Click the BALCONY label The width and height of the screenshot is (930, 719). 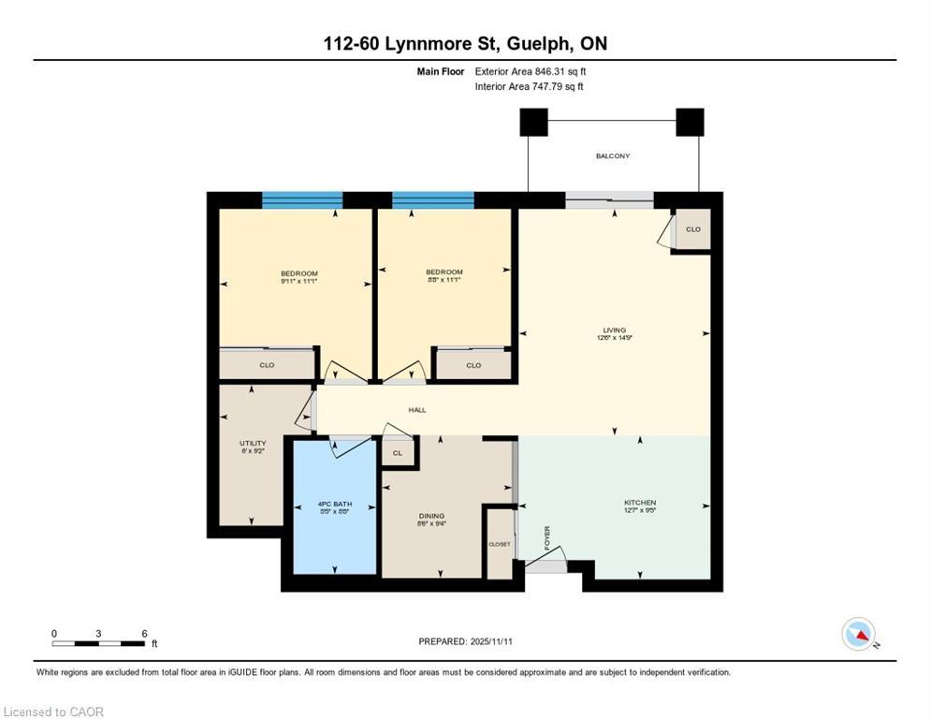click(x=613, y=156)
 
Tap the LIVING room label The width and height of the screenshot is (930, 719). click(x=614, y=330)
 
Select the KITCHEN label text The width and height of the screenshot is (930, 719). click(x=640, y=503)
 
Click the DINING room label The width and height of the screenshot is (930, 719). click(x=431, y=516)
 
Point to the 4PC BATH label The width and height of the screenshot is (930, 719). click(x=334, y=506)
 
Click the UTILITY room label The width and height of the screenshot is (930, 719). click(x=253, y=444)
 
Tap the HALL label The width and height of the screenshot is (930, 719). click(x=417, y=410)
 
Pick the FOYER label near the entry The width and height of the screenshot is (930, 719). click(x=547, y=537)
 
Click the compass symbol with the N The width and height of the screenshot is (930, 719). click(x=858, y=634)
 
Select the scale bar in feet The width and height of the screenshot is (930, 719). click(x=98, y=643)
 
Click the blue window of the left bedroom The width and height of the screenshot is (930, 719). click(x=301, y=200)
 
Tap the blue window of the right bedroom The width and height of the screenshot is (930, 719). click(x=432, y=200)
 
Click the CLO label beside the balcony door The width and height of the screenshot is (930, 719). click(x=692, y=229)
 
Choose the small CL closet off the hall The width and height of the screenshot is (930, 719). click(x=398, y=453)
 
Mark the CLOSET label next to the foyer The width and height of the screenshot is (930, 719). click(x=500, y=544)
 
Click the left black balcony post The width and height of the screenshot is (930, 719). click(x=533, y=122)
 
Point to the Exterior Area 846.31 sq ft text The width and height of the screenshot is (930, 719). click(x=530, y=71)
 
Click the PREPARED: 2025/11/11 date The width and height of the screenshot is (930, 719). click(x=464, y=641)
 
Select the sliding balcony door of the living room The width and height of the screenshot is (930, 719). click(x=609, y=198)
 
